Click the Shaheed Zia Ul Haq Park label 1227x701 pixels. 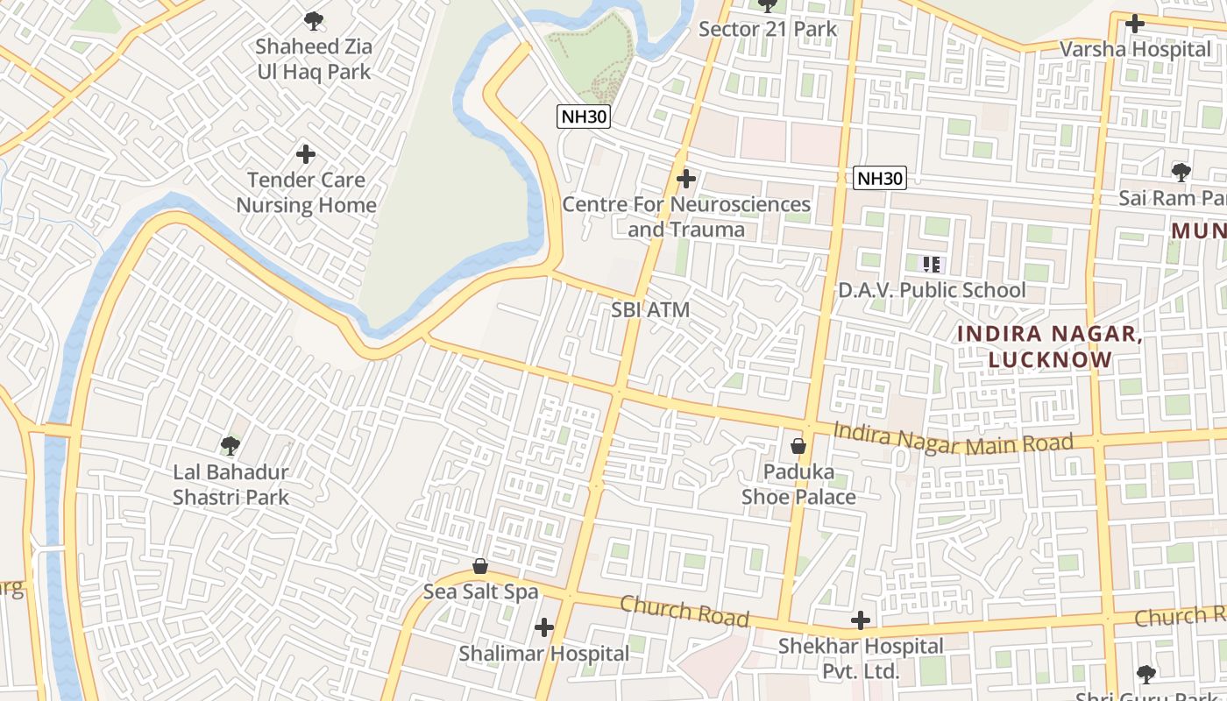[314, 60]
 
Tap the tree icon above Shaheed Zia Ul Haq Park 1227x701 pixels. [313, 20]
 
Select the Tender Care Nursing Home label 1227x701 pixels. [306, 193]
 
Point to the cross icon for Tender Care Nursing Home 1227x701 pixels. [306, 155]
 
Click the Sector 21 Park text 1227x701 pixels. [768, 29]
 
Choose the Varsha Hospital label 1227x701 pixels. [1135, 49]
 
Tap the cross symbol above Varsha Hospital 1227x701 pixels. [1135, 24]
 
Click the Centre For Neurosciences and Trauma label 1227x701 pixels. [686, 217]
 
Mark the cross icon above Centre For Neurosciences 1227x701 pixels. [686, 180]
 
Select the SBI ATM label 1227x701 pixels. [650, 309]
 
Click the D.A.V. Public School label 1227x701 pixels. [932, 290]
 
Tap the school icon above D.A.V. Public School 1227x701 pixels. [932, 264]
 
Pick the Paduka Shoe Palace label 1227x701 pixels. [798, 485]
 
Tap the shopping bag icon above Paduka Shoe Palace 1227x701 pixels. [798, 446]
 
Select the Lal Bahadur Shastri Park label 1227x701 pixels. [231, 485]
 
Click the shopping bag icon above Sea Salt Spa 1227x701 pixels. [480, 566]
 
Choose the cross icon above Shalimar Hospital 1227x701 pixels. [544, 627]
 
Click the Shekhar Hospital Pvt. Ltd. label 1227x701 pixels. [861, 659]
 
